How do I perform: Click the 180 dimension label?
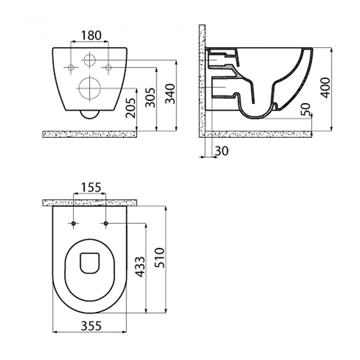click(91, 36)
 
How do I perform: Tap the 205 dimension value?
click(131, 108)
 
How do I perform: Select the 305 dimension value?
click(151, 97)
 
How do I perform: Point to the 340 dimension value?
click(170, 94)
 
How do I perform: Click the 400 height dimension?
click(325, 88)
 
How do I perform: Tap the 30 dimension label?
click(222, 151)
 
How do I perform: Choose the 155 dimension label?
click(91, 187)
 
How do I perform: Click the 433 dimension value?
click(140, 267)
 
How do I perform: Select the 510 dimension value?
click(160, 258)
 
